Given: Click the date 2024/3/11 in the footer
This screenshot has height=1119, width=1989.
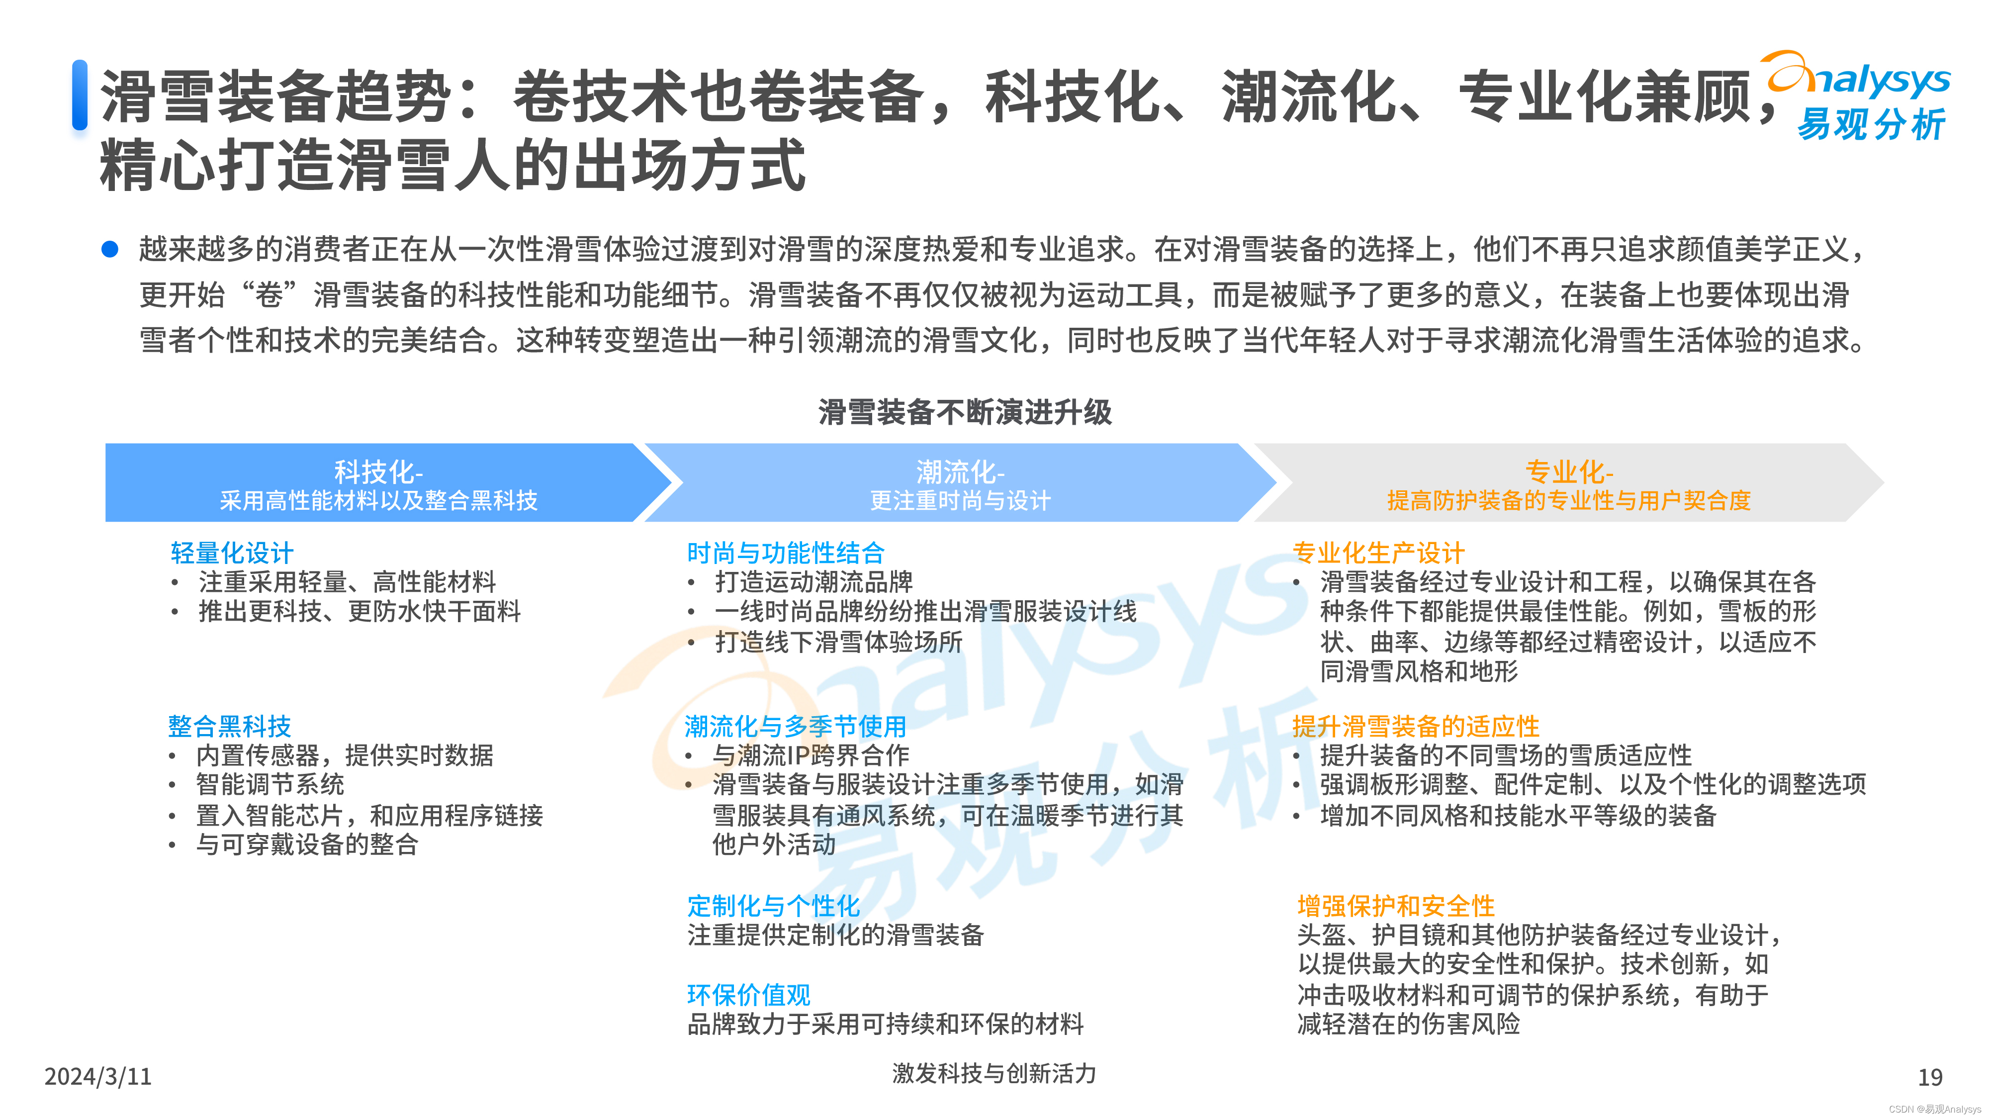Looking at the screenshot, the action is pyautogui.click(x=98, y=1076).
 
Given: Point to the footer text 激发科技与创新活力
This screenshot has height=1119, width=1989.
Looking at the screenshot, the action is pyautogui.click(x=994, y=1073).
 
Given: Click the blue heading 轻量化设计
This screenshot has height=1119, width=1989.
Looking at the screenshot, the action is pyautogui.click(x=232, y=553).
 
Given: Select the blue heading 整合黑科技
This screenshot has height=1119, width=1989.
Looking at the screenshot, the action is pyautogui.click(x=229, y=726).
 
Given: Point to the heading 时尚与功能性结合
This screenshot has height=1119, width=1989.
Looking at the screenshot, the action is pyautogui.click(x=785, y=553).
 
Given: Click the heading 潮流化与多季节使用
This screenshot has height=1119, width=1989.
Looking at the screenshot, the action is pyautogui.click(x=795, y=726).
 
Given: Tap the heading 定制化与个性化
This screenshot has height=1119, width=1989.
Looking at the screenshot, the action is pyautogui.click(x=773, y=905).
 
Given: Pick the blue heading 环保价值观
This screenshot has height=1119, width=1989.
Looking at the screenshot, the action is pyautogui.click(x=748, y=995).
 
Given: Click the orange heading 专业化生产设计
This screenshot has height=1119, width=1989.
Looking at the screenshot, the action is pyautogui.click(x=1378, y=553).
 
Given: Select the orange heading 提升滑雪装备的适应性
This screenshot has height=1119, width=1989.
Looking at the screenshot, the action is pyautogui.click(x=1415, y=726).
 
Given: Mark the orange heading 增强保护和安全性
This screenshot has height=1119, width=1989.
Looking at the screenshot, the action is pyautogui.click(x=1396, y=905).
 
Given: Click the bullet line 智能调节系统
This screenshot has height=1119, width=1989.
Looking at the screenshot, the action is pyautogui.click(x=270, y=785).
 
